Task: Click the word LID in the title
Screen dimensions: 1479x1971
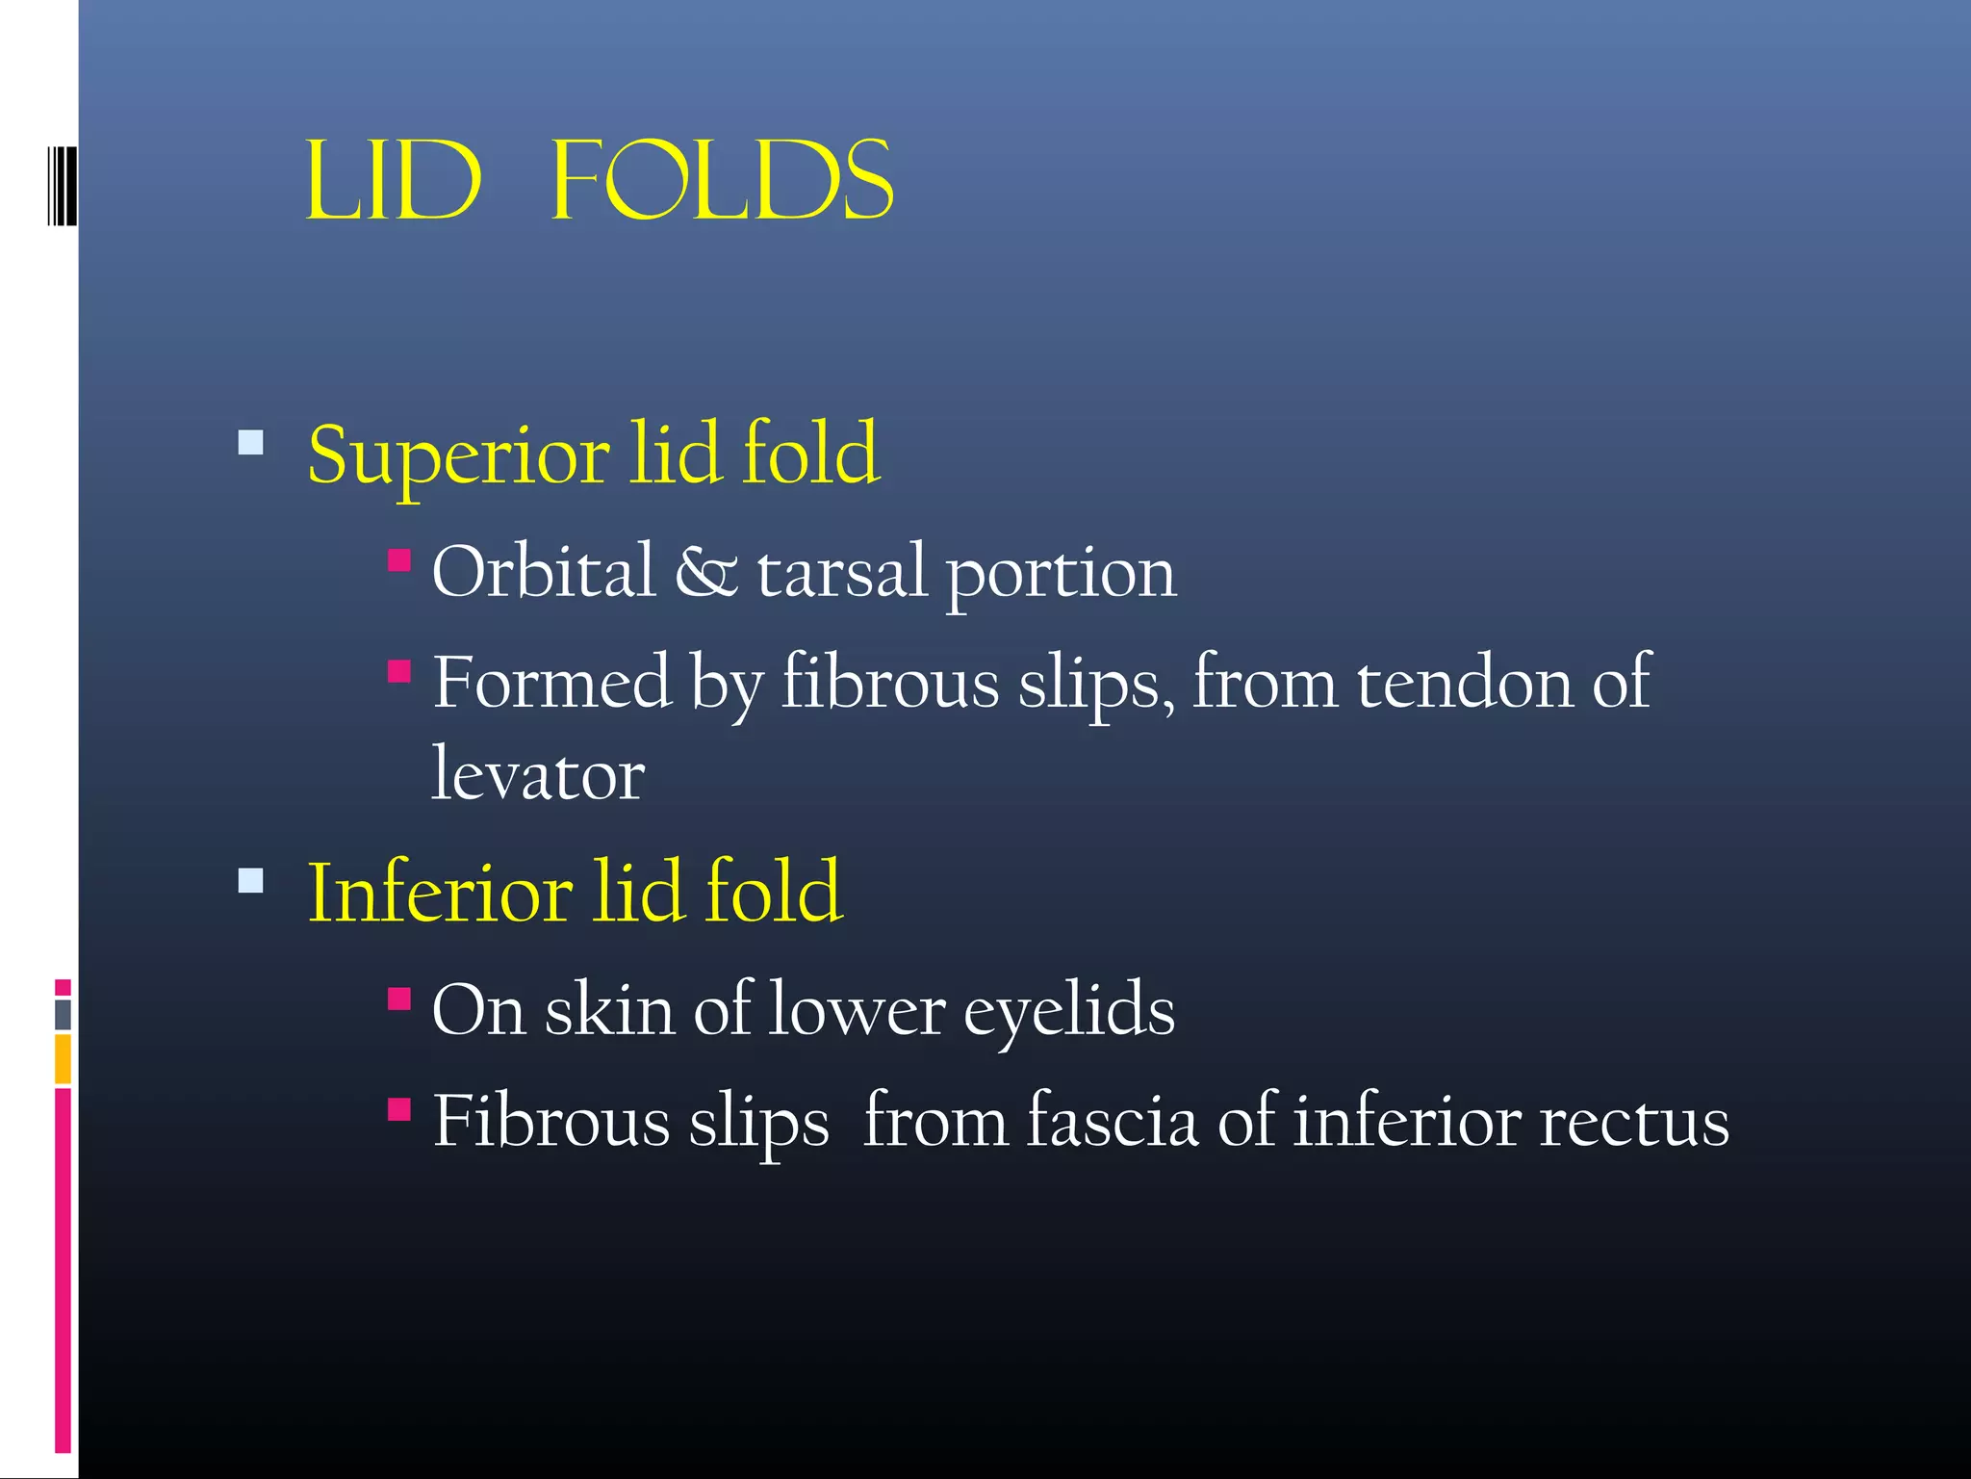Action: (393, 181)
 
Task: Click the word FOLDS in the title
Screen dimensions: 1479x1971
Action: (722, 181)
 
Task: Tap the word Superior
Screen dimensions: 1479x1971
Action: (458, 455)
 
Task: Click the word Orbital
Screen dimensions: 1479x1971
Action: (543, 572)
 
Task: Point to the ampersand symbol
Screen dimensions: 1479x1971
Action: (705, 572)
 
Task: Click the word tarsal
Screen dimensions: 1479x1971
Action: (842, 572)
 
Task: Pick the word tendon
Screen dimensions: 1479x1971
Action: (1464, 683)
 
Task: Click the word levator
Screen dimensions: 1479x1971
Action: (537, 774)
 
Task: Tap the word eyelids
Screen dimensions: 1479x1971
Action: (1068, 1011)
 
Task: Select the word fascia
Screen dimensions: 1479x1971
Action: (1112, 1122)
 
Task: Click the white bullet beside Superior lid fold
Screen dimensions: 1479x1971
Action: (251, 443)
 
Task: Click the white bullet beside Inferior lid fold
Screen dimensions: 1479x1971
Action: (251, 880)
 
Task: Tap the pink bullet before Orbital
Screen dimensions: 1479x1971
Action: (399, 560)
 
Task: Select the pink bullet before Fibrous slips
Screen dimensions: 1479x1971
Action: (399, 1110)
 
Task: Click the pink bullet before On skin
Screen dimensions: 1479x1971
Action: (399, 999)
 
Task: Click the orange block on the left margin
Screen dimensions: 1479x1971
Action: (63, 1059)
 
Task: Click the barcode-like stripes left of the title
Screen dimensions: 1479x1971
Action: (62, 185)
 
